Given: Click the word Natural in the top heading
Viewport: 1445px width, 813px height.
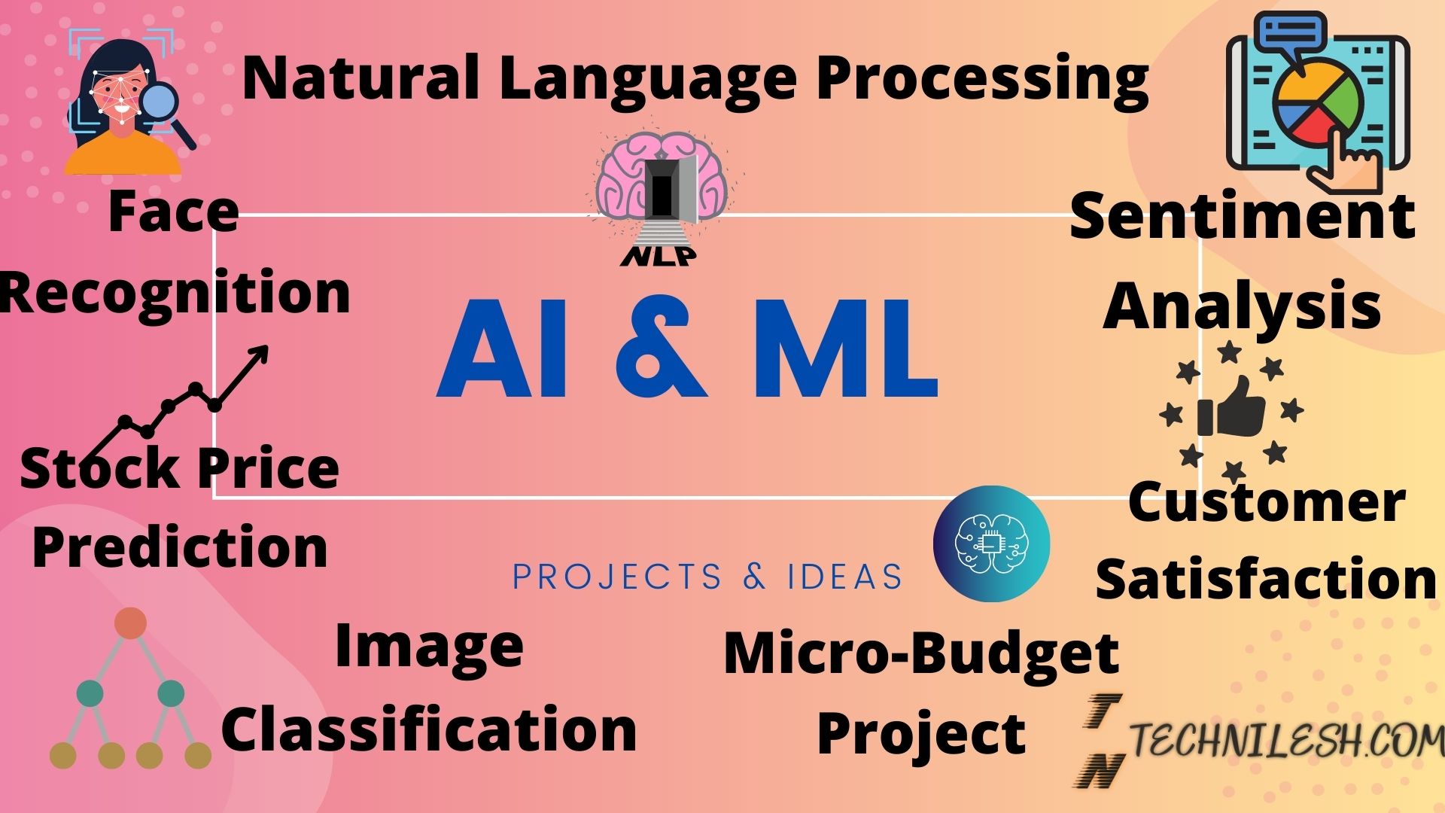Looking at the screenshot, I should pyautogui.click(x=360, y=78).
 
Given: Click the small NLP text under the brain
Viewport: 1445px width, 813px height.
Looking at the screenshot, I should pyautogui.click(x=658, y=257).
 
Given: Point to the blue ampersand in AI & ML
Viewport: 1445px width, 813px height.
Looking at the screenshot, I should pyautogui.click(x=661, y=349).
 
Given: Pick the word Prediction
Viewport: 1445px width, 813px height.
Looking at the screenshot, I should pyautogui.click(x=180, y=547).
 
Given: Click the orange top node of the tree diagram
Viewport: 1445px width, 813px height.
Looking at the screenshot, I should pyautogui.click(x=130, y=624).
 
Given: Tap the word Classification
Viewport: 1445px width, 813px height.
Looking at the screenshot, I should pyautogui.click(x=429, y=729).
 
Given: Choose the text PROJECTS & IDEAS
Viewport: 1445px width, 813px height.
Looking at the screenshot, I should pyautogui.click(x=707, y=577).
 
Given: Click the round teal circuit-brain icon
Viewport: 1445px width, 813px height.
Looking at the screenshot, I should pyautogui.click(x=991, y=543).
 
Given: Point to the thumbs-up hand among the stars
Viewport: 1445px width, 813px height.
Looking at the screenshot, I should pyautogui.click(x=1232, y=409).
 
